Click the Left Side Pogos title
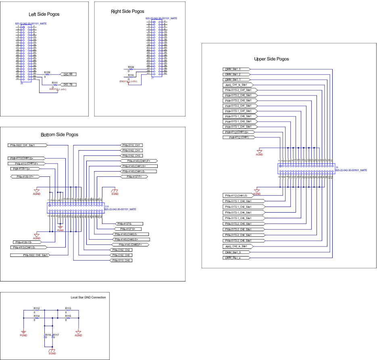click(44, 14)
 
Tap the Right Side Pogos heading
click(127, 11)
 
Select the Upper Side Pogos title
click(271, 59)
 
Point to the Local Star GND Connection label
click(88, 297)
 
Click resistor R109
click(47, 74)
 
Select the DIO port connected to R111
click(69, 85)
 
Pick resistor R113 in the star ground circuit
click(68, 310)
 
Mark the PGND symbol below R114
click(23, 333)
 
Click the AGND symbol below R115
click(78, 333)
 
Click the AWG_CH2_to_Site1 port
click(238, 246)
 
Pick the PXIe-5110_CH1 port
click(132, 145)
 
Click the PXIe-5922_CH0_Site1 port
click(36, 255)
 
